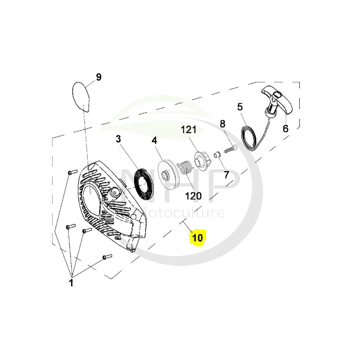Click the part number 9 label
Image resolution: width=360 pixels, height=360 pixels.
[x=99, y=77]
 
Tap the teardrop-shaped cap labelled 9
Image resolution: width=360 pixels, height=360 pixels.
[x=81, y=95]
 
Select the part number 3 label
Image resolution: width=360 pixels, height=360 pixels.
[x=118, y=139]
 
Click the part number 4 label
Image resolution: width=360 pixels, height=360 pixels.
[x=154, y=140]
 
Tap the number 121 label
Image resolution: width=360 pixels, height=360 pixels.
[x=189, y=130]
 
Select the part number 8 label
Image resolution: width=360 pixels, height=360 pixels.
[x=222, y=124]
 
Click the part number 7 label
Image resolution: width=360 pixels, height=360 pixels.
[x=225, y=174]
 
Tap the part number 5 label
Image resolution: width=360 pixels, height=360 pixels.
[x=240, y=107]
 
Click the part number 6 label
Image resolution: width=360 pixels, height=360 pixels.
[x=285, y=129]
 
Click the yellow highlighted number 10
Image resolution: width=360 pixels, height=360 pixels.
[x=198, y=237]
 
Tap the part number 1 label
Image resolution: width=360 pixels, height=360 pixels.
[x=71, y=283]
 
